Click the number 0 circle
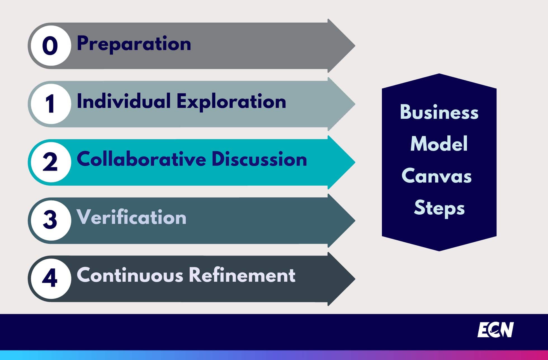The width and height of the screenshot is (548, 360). pos(51,46)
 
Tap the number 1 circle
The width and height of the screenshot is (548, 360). pos(51,104)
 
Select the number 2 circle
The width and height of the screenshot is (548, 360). pos(51,162)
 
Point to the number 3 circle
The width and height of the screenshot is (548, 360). pos(51,221)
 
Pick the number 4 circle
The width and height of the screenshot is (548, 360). pos(51,279)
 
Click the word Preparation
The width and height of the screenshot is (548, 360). pos(134,44)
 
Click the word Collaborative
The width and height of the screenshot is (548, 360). pos(141,159)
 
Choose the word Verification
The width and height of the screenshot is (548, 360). pos(132,217)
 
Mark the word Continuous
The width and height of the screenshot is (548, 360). pos(130,275)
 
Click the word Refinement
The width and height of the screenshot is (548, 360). pos(242,275)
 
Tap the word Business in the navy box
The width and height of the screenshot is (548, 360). pos(439,112)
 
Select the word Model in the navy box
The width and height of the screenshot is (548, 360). pos(439,144)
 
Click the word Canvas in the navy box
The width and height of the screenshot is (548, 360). pos(437,176)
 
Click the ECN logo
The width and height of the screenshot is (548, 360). pos(496,330)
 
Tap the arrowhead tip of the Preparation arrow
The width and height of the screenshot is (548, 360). pos(355,46)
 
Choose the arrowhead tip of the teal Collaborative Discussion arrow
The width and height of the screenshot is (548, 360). pos(355,162)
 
